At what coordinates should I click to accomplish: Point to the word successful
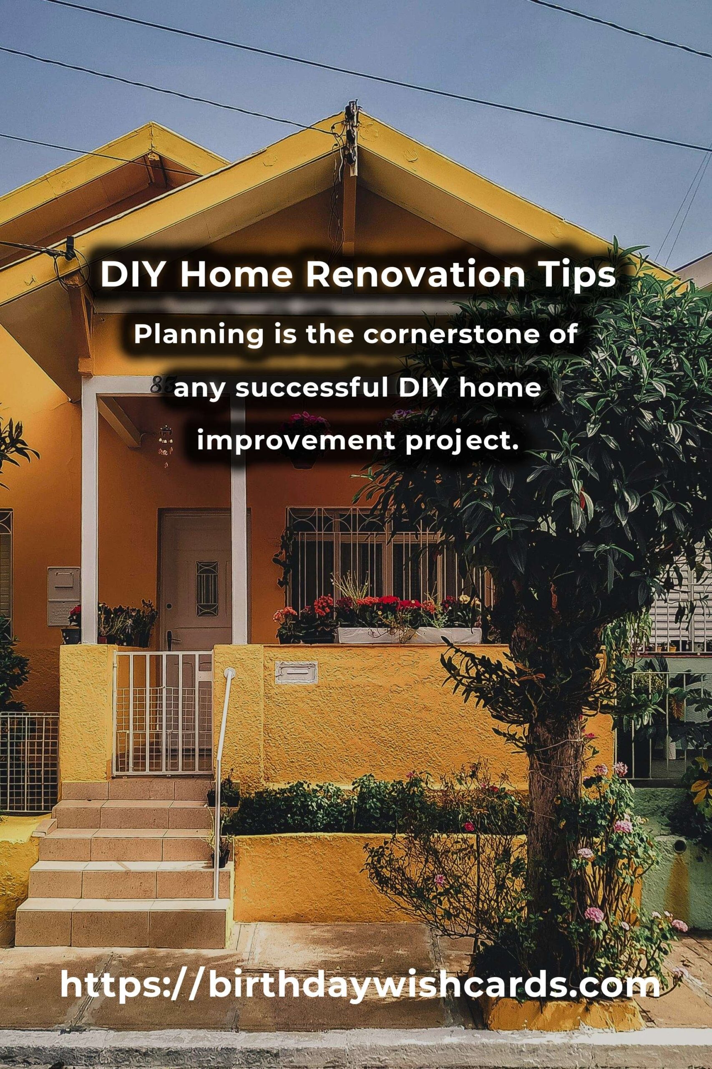tap(312, 388)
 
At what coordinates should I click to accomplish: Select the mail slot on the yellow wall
tap(296, 672)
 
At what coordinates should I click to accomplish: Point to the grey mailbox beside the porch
tap(63, 596)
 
